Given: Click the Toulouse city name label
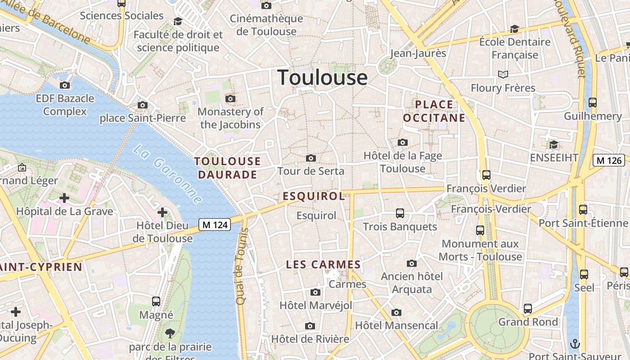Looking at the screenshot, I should click(x=322, y=77).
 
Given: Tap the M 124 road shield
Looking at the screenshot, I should click(x=215, y=225).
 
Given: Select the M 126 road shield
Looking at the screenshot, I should click(x=608, y=160).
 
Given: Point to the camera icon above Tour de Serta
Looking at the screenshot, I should click(x=310, y=158).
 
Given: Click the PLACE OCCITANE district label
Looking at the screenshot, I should click(x=434, y=111).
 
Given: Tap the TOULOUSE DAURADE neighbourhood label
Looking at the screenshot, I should click(x=227, y=168).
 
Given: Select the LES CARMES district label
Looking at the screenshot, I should click(x=324, y=265).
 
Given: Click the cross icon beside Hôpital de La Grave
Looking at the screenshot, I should click(x=64, y=198).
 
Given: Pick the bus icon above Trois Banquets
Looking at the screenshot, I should click(x=400, y=213).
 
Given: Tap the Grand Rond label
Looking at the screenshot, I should click(x=528, y=322).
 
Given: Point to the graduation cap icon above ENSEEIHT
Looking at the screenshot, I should click(x=553, y=144).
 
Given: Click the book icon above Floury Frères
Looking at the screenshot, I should click(x=503, y=74).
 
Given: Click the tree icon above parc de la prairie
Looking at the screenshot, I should click(x=170, y=333).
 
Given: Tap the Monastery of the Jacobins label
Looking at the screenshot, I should click(x=230, y=118).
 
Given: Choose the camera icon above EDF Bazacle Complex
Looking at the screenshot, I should click(x=65, y=85).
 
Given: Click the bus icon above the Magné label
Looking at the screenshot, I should click(x=156, y=301).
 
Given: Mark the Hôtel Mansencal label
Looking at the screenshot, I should click(x=396, y=325).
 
